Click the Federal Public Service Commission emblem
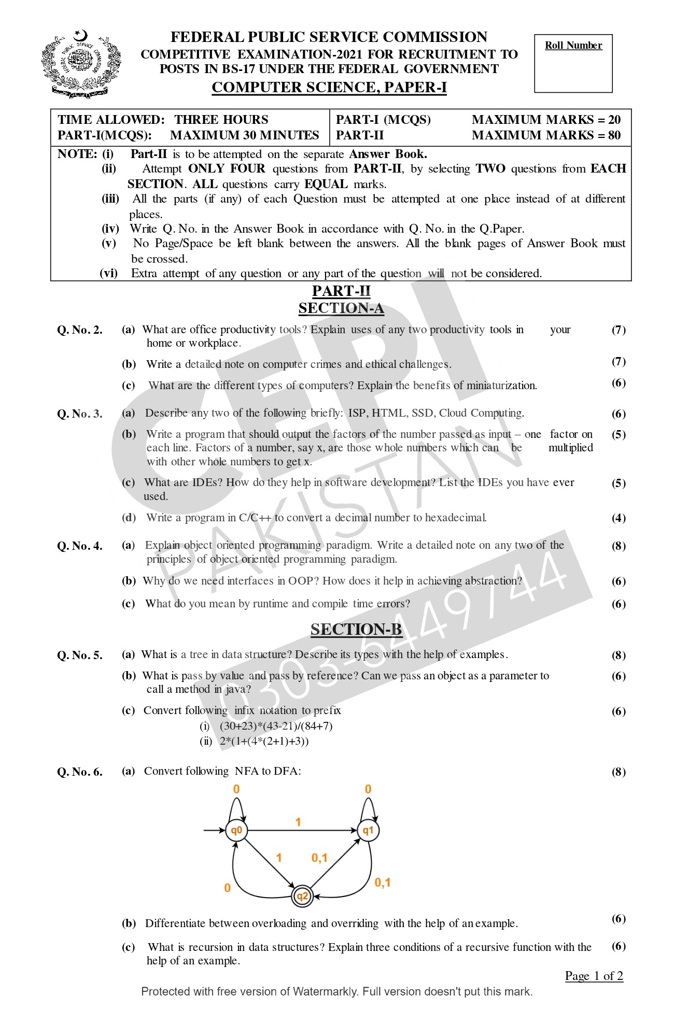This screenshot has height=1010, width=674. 81,64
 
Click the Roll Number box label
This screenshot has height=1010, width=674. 573,46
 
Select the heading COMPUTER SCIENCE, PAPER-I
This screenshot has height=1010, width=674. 329,88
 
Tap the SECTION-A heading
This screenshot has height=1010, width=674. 341,308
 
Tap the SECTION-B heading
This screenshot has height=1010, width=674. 356,629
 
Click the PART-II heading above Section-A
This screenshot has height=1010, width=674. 341,291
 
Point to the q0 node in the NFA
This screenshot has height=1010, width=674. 236,831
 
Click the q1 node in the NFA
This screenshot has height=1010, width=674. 368,831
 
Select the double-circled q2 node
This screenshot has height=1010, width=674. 302,897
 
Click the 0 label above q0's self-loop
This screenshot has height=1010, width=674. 236,789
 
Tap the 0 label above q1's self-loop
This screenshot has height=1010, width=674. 368,789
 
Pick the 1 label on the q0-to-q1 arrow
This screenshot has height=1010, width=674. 298,822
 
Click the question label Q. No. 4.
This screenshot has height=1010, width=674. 80,546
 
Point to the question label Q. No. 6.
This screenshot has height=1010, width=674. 80,772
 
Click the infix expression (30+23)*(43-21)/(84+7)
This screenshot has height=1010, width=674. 276,726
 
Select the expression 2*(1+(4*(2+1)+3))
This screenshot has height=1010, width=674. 264,741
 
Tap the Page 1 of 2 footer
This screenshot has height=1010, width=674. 594,976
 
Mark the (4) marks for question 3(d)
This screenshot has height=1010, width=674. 619,518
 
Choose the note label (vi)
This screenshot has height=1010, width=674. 109,273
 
